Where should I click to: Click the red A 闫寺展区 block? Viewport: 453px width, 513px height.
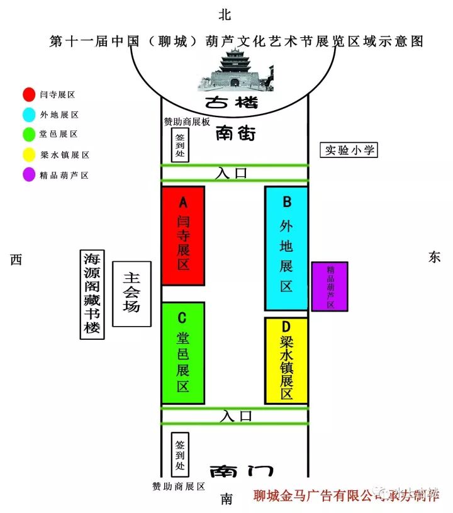[183, 235]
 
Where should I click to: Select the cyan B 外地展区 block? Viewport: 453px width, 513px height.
[286, 248]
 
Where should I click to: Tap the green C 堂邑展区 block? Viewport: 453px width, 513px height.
[183, 353]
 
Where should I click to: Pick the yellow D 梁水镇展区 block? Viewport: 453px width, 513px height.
[286, 361]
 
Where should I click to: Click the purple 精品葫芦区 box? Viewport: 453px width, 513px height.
[330, 286]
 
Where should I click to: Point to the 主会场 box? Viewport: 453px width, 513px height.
[131, 294]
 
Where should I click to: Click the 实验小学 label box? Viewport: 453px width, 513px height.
[349, 150]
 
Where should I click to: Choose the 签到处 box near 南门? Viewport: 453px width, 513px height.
[181, 454]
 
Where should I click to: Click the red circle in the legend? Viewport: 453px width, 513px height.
[28, 94]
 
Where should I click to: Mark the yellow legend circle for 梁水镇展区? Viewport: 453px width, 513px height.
[28, 154]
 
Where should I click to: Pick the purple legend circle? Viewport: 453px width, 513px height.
[28, 174]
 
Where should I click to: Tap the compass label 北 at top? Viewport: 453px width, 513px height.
[225, 14]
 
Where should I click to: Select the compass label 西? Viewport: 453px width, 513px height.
[16, 259]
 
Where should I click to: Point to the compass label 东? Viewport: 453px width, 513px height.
[435, 257]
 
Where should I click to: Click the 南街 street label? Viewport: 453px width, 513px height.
[235, 133]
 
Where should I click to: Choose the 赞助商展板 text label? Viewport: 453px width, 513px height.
[187, 121]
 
